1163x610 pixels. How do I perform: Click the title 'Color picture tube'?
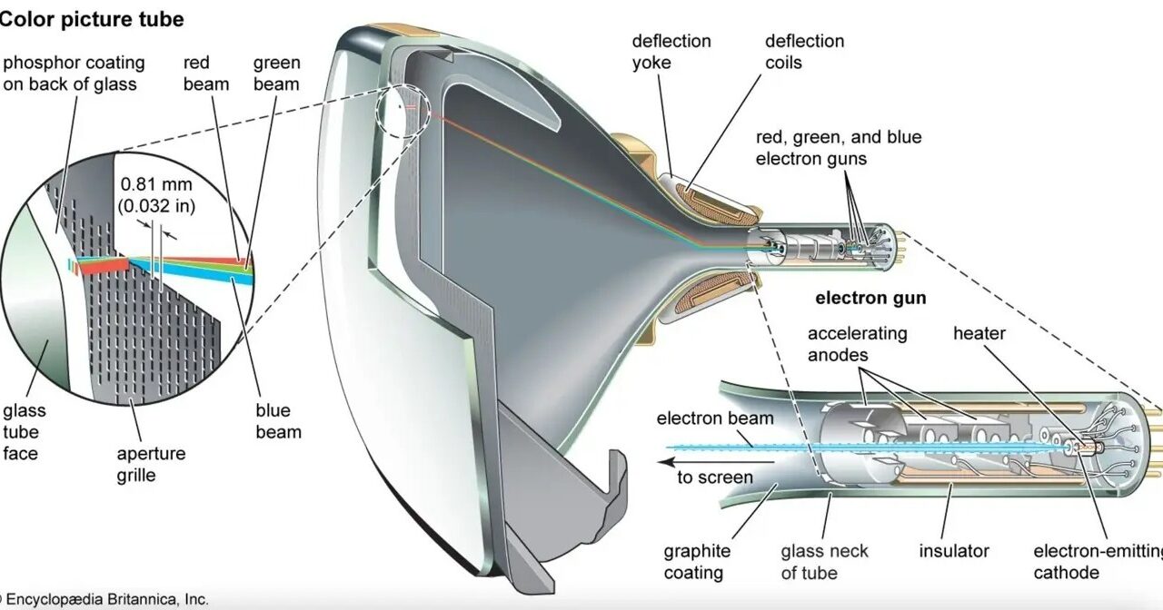coord(92,20)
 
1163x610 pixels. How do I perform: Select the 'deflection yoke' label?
coord(671,52)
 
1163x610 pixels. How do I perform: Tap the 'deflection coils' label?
coord(804,52)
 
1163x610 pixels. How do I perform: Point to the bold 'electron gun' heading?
coord(870,298)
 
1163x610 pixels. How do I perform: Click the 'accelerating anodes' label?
coord(857,344)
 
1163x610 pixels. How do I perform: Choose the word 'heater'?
coord(979,333)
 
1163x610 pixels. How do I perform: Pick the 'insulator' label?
coord(954,551)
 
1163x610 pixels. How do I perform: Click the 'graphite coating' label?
coord(697,562)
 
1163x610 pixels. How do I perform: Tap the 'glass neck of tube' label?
coord(824,562)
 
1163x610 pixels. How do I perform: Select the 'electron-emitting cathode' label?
coord(1098,562)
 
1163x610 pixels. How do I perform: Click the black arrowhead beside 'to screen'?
coord(665,462)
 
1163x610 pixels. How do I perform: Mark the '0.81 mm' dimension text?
coord(156,184)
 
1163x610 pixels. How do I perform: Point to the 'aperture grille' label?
coord(151,464)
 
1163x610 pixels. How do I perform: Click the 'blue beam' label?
coord(278,421)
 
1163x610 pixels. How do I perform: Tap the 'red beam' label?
coord(206,74)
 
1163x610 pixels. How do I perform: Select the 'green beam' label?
coord(277,74)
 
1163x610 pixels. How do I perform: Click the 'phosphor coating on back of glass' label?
coord(74,74)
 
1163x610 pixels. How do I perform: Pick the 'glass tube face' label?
coord(25,432)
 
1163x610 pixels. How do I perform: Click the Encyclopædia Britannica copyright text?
coord(104,600)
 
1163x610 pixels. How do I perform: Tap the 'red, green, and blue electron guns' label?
coord(839,148)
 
